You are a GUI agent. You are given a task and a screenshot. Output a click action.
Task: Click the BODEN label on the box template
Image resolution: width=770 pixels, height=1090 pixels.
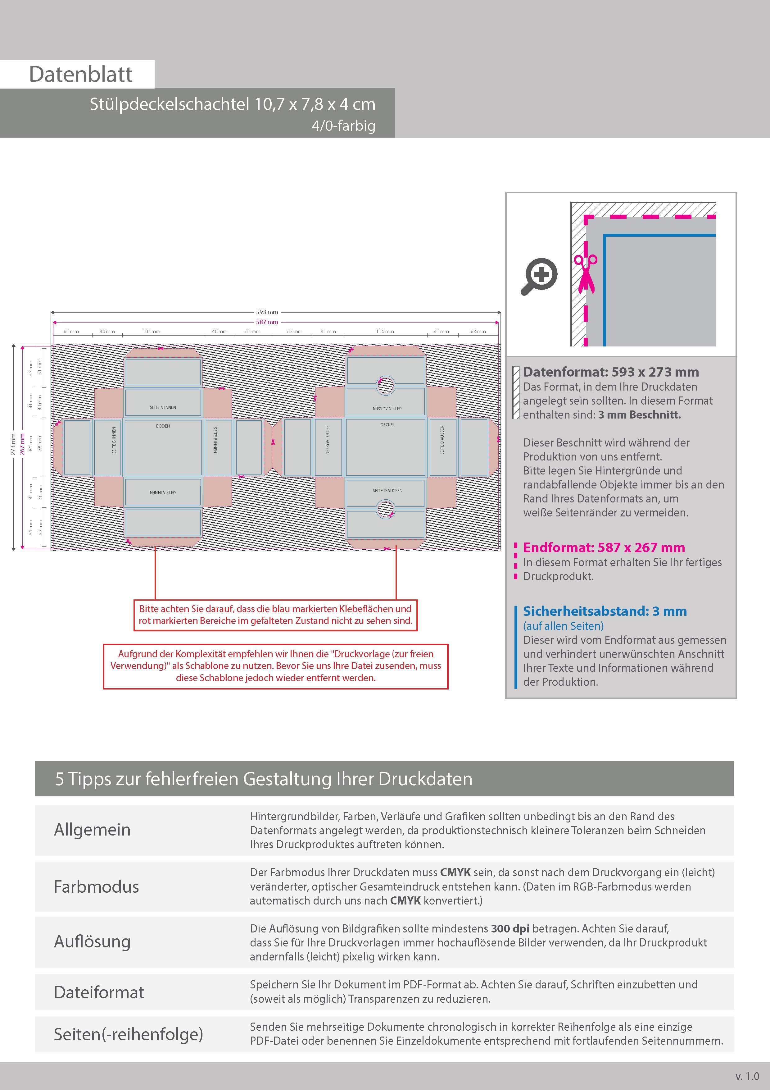(163, 426)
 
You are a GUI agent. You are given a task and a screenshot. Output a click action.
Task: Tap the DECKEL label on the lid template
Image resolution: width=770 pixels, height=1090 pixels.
(387, 425)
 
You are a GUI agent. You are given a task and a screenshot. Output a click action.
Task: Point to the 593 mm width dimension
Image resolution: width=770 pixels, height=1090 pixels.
(267, 312)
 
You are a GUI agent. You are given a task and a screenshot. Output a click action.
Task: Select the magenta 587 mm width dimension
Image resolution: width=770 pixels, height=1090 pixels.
(267, 322)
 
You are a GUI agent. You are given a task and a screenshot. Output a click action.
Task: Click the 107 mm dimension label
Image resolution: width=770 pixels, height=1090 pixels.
(151, 331)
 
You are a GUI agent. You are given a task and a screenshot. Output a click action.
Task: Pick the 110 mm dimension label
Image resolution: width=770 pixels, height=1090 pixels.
(385, 331)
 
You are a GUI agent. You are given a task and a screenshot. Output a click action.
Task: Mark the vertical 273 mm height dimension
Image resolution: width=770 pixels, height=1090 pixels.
(13, 444)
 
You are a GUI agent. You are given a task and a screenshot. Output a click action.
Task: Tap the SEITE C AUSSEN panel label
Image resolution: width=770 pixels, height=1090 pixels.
(327, 440)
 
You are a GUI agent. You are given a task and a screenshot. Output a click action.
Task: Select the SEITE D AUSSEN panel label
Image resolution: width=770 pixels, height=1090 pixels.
(387, 490)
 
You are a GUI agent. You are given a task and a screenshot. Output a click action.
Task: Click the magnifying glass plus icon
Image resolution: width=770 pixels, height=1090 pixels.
(539, 276)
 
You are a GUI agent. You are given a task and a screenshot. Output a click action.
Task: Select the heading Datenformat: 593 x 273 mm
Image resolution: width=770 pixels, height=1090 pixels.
(611, 372)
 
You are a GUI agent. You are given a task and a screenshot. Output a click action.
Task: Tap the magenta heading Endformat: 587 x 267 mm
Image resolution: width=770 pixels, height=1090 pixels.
(604, 547)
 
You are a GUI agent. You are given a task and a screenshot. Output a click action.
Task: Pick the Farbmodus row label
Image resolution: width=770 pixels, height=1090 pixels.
(96, 887)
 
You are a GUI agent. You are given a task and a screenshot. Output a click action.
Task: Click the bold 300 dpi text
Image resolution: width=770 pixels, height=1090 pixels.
(510, 929)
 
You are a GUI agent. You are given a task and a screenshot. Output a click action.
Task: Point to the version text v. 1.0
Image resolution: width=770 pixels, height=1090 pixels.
(747, 1076)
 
